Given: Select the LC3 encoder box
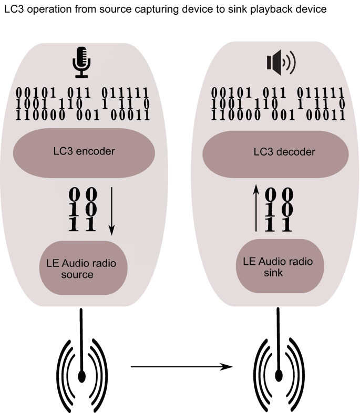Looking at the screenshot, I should pos(84,152).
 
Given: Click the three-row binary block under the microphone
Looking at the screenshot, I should pos(84,104).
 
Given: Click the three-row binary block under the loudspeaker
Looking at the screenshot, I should pos(278,103).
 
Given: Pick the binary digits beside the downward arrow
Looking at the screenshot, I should pos(84,209).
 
